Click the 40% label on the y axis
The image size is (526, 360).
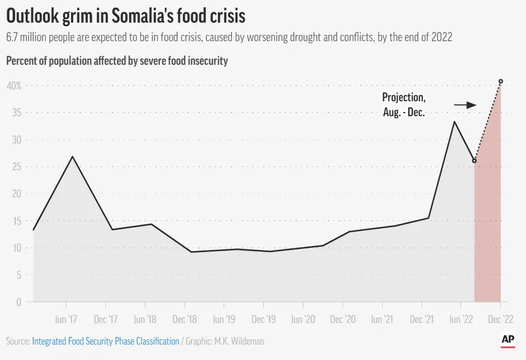14,86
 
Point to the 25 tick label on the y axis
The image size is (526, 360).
17,167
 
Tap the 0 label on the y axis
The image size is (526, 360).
19,302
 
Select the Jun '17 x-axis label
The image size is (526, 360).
66,319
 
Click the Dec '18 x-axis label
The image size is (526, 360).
185,319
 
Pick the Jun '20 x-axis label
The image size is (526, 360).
303,319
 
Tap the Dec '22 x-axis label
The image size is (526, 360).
500,319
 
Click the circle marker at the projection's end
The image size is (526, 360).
501,81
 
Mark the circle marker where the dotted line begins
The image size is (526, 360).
475,160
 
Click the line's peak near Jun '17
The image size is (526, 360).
72,156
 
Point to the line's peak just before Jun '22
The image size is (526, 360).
454,121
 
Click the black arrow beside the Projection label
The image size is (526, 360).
465,105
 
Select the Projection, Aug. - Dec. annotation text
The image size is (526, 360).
404,105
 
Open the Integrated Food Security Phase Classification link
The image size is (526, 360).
106,341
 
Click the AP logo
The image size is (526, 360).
508,340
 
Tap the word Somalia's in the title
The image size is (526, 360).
140,16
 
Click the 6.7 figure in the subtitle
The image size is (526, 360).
12,37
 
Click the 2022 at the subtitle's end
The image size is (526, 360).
442,37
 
